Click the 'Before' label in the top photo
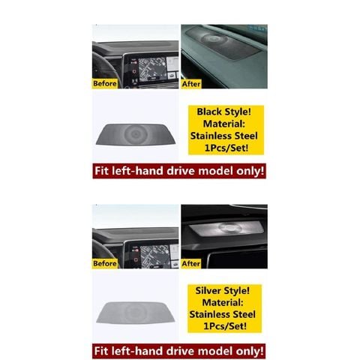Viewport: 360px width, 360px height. [x=105, y=83]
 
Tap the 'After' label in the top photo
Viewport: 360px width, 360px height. [x=191, y=84]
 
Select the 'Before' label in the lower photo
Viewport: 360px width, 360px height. [x=105, y=263]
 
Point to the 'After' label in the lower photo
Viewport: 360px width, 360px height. [x=191, y=263]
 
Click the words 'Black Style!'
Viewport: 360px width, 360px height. [x=223, y=112]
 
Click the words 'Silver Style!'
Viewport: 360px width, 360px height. [x=222, y=291]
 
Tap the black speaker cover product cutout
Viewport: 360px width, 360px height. [x=136, y=134]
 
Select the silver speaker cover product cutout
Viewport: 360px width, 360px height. [x=136, y=313]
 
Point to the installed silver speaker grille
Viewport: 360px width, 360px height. [x=226, y=229]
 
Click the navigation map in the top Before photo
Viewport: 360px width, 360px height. [x=152, y=68]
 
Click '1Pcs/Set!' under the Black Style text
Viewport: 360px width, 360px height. [x=226, y=148]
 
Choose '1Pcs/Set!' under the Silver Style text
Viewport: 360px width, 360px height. [x=225, y=326]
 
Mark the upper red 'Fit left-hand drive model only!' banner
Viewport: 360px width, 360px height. [x=179, y=171]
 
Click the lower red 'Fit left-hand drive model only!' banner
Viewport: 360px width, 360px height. [x=179, y=351]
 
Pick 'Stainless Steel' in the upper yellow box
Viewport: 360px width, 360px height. [x=223, y=136]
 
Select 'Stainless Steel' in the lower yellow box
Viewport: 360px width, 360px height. [x=222, y=314]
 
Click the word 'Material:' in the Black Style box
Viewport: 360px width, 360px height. [x=223, y=124]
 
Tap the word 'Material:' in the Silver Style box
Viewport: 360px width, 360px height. [x=223, y=302]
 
